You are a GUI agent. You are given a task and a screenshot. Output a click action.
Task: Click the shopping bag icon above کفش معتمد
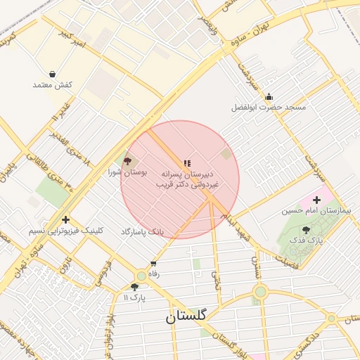[53, 74]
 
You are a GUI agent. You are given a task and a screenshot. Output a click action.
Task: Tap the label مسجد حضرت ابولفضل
[269, 108]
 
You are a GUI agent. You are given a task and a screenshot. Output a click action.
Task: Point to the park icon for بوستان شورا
[127, 161]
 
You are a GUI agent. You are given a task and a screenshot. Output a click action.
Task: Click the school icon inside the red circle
[187, 163]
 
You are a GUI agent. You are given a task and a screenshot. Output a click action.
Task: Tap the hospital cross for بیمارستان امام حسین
[316, 200]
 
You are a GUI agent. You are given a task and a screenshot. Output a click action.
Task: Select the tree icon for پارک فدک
[306, 230]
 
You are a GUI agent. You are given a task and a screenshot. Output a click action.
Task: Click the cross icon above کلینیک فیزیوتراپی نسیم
[66, 219]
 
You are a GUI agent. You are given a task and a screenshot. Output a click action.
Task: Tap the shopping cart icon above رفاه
[153, 264]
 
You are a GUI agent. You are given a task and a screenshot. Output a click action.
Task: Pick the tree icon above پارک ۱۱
[134, 287]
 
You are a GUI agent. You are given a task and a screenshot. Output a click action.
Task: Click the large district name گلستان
[186, 316]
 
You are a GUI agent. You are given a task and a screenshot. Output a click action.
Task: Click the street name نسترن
[256, 264]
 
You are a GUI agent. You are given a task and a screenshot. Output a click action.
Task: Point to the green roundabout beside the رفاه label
[142, 276]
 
